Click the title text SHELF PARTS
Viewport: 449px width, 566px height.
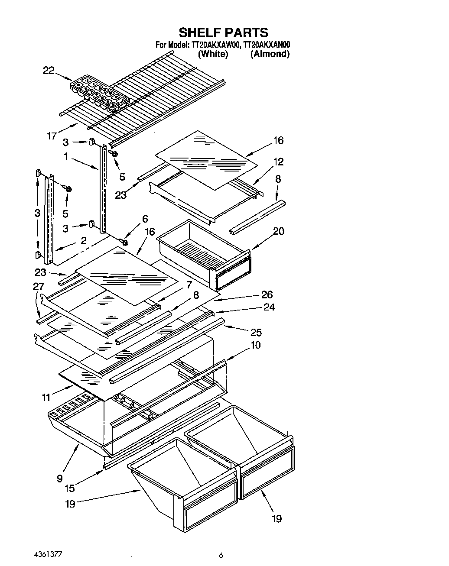click(x=223, y=32)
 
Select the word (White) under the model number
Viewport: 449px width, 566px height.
click(x=212, y=54)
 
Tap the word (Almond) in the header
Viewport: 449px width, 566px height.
click(x=270, y=54)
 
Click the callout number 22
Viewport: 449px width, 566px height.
click(x=49, y=71)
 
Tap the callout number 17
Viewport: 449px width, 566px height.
click(x=52, y=136)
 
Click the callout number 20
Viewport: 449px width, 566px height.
click(x=279, y=231)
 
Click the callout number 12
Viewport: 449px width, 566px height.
click(x=278, y=162)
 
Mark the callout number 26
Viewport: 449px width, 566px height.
click(x=267, y=294)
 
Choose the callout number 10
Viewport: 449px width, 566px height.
click(x=255, y=345)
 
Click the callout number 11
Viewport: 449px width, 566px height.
click(x=46, y=397)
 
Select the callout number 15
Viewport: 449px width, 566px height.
click(x=69, y=488)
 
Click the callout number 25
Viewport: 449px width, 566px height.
click(x=255, y=332)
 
